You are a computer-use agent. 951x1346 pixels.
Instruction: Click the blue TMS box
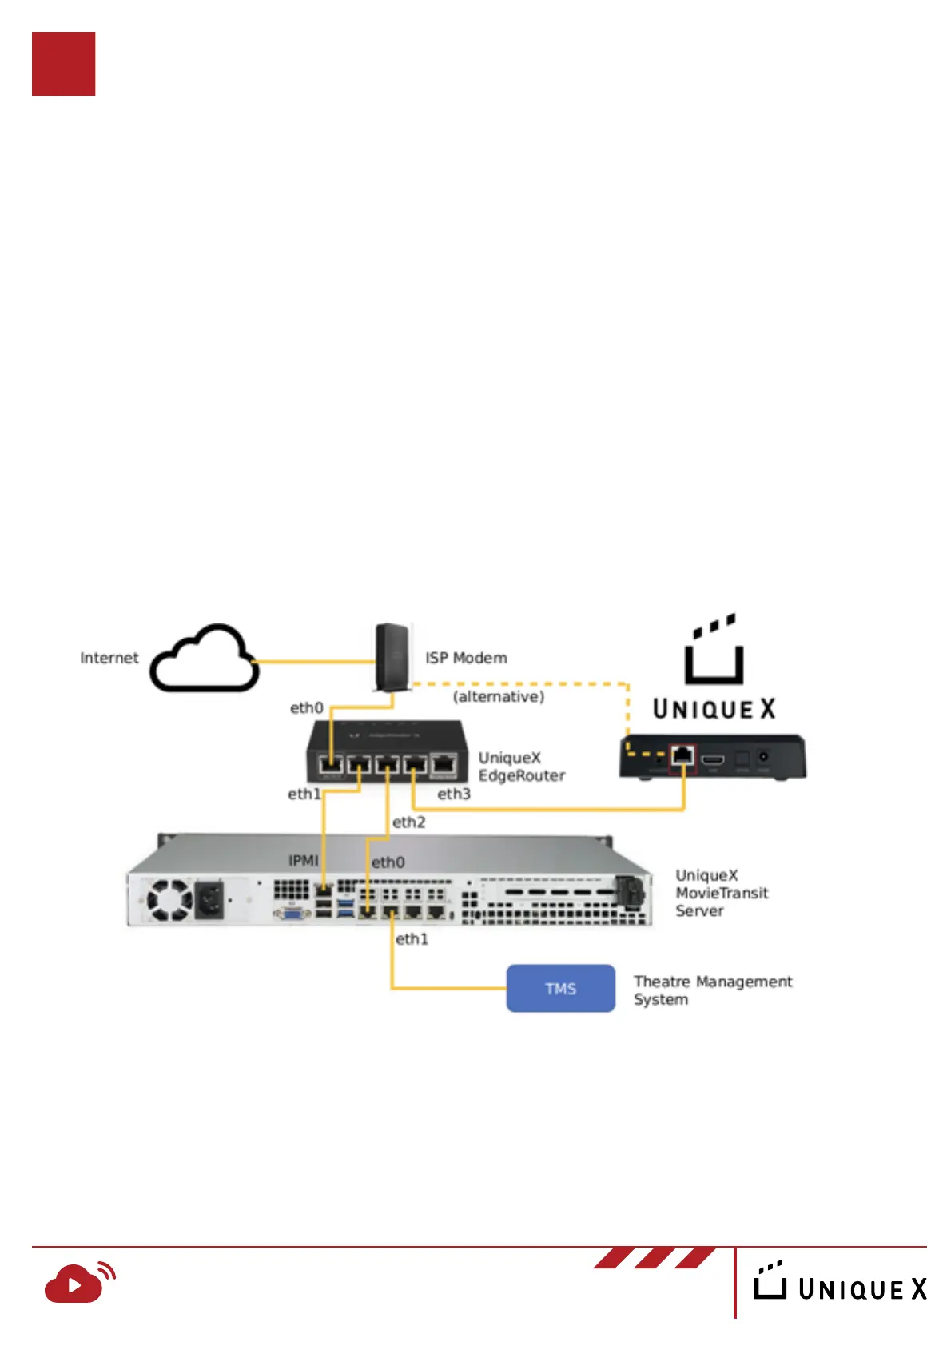pyautogui.click(x=560, y=988)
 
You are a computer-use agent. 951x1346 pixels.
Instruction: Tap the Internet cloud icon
pyautogui.click(x=205, y=659)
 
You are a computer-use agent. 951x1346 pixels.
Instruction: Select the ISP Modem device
pyautogui.click(x=392, y=656)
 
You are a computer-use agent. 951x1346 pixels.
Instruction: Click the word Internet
pyautogui.click(x=109, y=658)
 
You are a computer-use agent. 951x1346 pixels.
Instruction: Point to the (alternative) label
pyautogui.click(x=499, y=697)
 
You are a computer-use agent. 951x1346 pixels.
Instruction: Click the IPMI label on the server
pyautogui.click(x=303, y=861)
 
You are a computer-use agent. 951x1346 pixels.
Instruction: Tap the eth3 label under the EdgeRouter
pyautogui.click(x=453, y=794)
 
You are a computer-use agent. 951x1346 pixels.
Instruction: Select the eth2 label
pyautogui.click(x=408, y=822)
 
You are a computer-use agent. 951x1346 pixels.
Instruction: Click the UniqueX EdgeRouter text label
pyautogui.click(x=521, y=767)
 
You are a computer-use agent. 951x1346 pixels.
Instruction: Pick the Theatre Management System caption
pyautogui.click(x=712, y=990)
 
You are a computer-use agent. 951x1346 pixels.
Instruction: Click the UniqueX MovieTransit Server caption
pyautogui.click(x=721, y=893)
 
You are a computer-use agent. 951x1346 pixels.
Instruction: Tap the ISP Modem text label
pyautogui.click(x=466, y=658)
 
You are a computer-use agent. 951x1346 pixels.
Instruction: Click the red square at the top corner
pyautogui.click(x=63, y=64)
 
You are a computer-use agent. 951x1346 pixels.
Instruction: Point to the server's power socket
pyautogui.click(x=209, y=900)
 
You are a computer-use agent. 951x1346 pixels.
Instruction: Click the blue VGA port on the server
pyautogui.click(x=292, y=912)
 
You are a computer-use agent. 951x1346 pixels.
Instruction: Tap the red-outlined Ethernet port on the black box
pyautogui.click(x=682, y=756)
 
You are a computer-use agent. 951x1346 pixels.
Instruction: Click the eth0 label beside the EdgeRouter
pyautogui.click(x=306, y=708)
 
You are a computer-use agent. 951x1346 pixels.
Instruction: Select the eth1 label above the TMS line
pyautogui.click(x=412, y=939)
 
